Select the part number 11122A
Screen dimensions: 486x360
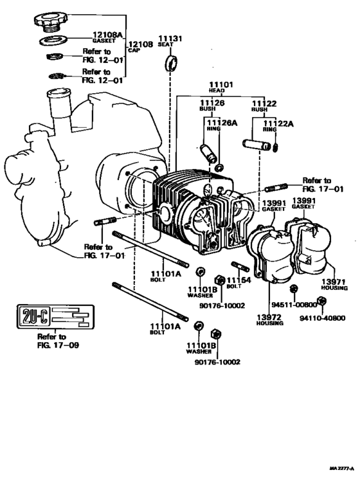coord(281,124)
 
